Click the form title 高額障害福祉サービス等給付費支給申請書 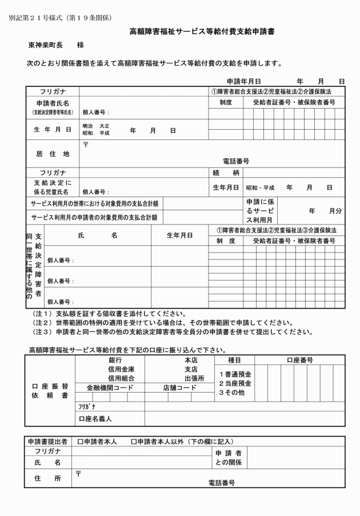click(202, 31)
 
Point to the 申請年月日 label click(243, 82)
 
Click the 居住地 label click(53, 154)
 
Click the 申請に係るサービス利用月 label click(261, 211)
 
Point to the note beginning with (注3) click(172, 331)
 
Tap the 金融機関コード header click(109, 387)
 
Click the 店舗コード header click(178, 387)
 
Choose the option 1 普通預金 click(235, 373)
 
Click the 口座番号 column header click(299, 360)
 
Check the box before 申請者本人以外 click(133, 441)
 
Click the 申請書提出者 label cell click(48, 441)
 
